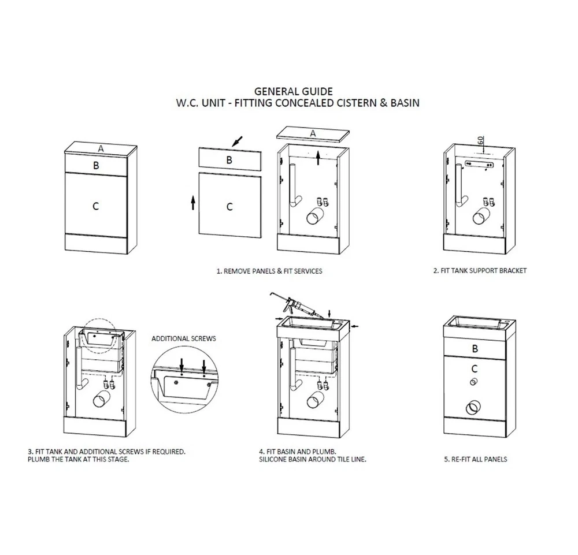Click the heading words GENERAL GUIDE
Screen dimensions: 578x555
tap(294, 91)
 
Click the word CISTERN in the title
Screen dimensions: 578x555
tap(351, 103)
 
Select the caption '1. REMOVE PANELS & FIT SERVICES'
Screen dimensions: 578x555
tap(269, 271)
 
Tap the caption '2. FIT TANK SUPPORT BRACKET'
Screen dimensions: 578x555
tap(480, 271)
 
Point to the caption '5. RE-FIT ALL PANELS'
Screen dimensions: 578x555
tap(476, 459)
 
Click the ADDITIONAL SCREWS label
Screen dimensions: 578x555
tap(184, 338)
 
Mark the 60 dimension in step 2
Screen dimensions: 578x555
tap(480, 140)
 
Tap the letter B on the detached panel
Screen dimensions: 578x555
tap(229, 160)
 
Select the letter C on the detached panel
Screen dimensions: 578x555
tap(229, 207)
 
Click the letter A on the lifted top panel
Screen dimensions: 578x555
tap(313, 133)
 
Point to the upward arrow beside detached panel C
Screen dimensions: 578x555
tap(193, 203)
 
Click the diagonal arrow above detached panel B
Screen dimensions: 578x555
tap(238, 141)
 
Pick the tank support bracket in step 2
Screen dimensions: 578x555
tap(479, 164)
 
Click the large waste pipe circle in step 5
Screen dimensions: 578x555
tap(473, 408)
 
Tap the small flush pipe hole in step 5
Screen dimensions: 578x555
tap(474, 382)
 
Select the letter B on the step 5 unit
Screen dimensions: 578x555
tap(475, 348)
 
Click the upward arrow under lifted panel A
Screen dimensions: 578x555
tap(318, 158)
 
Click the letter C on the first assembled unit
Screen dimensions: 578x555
tap(95, 206)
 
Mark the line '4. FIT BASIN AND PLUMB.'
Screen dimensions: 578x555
tap(298, 452)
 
